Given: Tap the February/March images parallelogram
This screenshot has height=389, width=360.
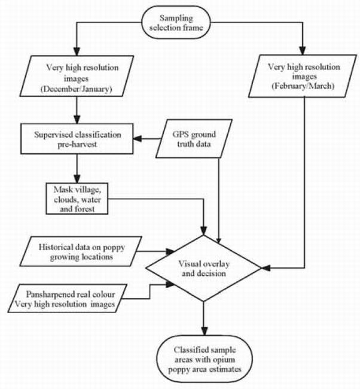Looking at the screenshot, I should (x=305, y=77).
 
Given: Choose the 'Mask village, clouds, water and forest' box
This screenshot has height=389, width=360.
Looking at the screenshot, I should (x=77, y=198).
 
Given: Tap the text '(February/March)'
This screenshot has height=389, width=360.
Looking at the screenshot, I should (x=305, y=87).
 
